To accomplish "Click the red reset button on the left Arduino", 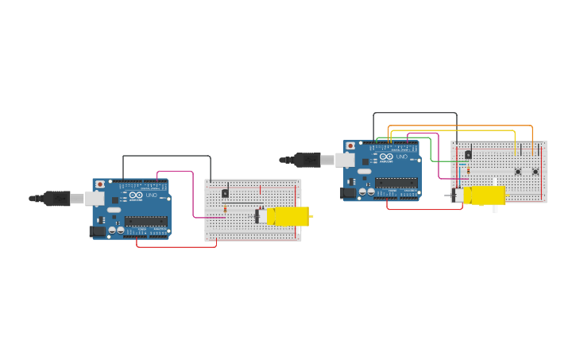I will pos(100,184).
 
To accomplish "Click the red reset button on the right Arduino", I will pos(350,146).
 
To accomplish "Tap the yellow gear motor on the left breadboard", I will pos(287,216).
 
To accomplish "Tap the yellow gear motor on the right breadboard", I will pos(483,195).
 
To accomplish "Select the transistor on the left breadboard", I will pos(225,193).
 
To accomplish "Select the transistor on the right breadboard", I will pos(468,155).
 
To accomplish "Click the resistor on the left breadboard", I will pos(225,209).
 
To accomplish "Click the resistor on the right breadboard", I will pos(468,170).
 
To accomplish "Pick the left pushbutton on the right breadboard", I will pos(518,172).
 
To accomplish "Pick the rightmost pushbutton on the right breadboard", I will pos(535,172).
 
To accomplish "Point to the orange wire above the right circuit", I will pos(461,126).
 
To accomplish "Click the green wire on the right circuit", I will pos(431,151).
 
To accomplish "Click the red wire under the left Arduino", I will pos(176,246).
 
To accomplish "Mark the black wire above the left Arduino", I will pos(167,156).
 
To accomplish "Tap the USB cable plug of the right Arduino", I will pos(308,160).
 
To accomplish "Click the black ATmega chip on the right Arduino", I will pos(396,183).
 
